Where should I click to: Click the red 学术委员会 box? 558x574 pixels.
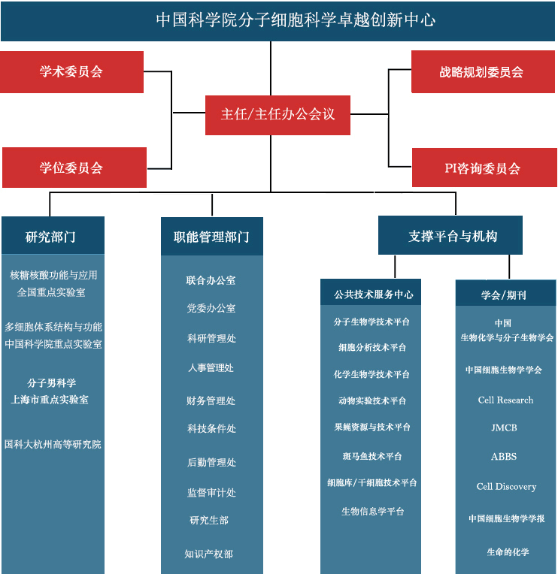click(x=71, y=72)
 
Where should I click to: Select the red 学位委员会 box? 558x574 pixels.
click(x=74, y=168)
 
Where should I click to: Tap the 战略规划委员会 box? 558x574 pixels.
click(x=481, y=72)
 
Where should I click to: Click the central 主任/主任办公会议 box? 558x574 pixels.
click(x=277, y=114)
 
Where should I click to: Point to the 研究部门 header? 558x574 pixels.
click(x=53, y=236)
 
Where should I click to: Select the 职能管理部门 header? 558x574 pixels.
click(x=211, y=236)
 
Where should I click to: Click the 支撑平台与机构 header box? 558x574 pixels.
click(x=453, y=235)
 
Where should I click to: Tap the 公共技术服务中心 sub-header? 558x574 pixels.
click(x=374, y=294)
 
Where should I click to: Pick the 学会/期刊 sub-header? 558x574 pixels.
click(x=505, y=295)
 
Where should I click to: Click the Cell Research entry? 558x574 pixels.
click(x=505, y=400)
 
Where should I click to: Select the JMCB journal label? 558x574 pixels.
click(x=504, y=427)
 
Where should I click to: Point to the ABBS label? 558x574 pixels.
click(x=504, y=456)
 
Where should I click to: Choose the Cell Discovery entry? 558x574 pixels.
click(x=506, y=486)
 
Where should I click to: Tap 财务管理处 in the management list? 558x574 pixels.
click(x=211, y=400)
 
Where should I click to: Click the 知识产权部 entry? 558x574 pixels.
click(x=209, y=554)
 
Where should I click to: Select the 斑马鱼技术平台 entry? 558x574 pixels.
click(x=372, y=456)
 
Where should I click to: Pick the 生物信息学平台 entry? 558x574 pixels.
click(x=372, y=511)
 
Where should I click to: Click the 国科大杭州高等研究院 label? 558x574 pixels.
click(x=53, y=444)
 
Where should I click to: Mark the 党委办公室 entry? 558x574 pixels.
click(x=211, y=308)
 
